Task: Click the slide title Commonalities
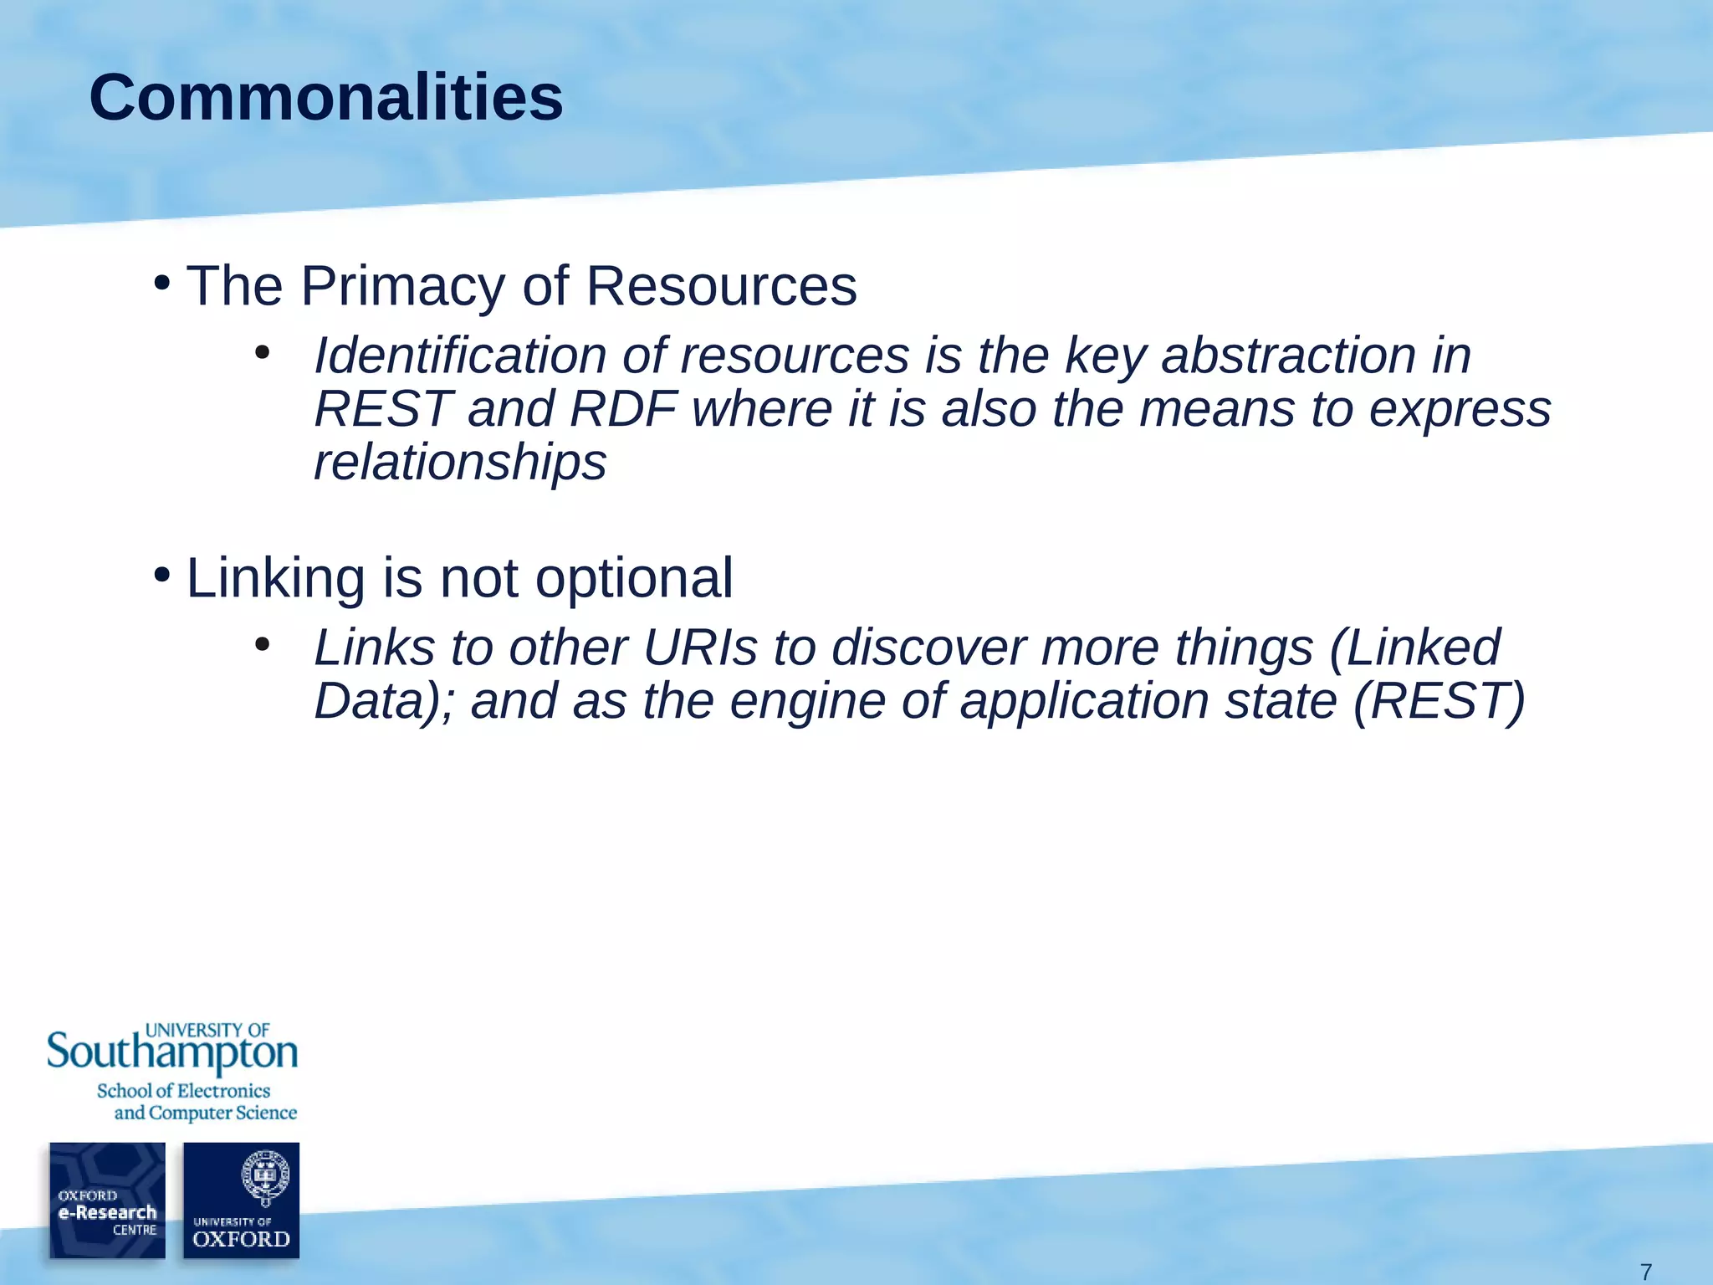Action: pyautogui.click(x=325, y=98)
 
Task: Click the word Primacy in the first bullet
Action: pyautogui.click(x=402, y=287)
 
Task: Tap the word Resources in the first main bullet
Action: pyautogui.click(x=721, y=287)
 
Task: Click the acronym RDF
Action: pyautogui.click(x=622, y=409)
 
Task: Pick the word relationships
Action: pyautogui.click(x=459, y=463)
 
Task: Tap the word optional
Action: pyautogui.click(x=634, y=578)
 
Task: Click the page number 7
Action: pyautogui.click(x=1645, y=1272)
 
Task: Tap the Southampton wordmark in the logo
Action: pyautogui.click(x=172, y=1053)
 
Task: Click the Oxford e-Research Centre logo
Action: pyautogui.click(x=107, y=1200)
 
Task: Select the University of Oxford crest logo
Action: pyautogui.click(x=241, y=1200)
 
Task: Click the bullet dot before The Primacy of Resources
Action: pyautogui.click(x=161, y=283)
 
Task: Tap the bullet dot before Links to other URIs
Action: pyautogui.click(x=262, y=643)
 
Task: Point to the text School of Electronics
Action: pyautogui.click(x=183, y=1091)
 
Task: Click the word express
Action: pyautogui.click(x=1460, y=409)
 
